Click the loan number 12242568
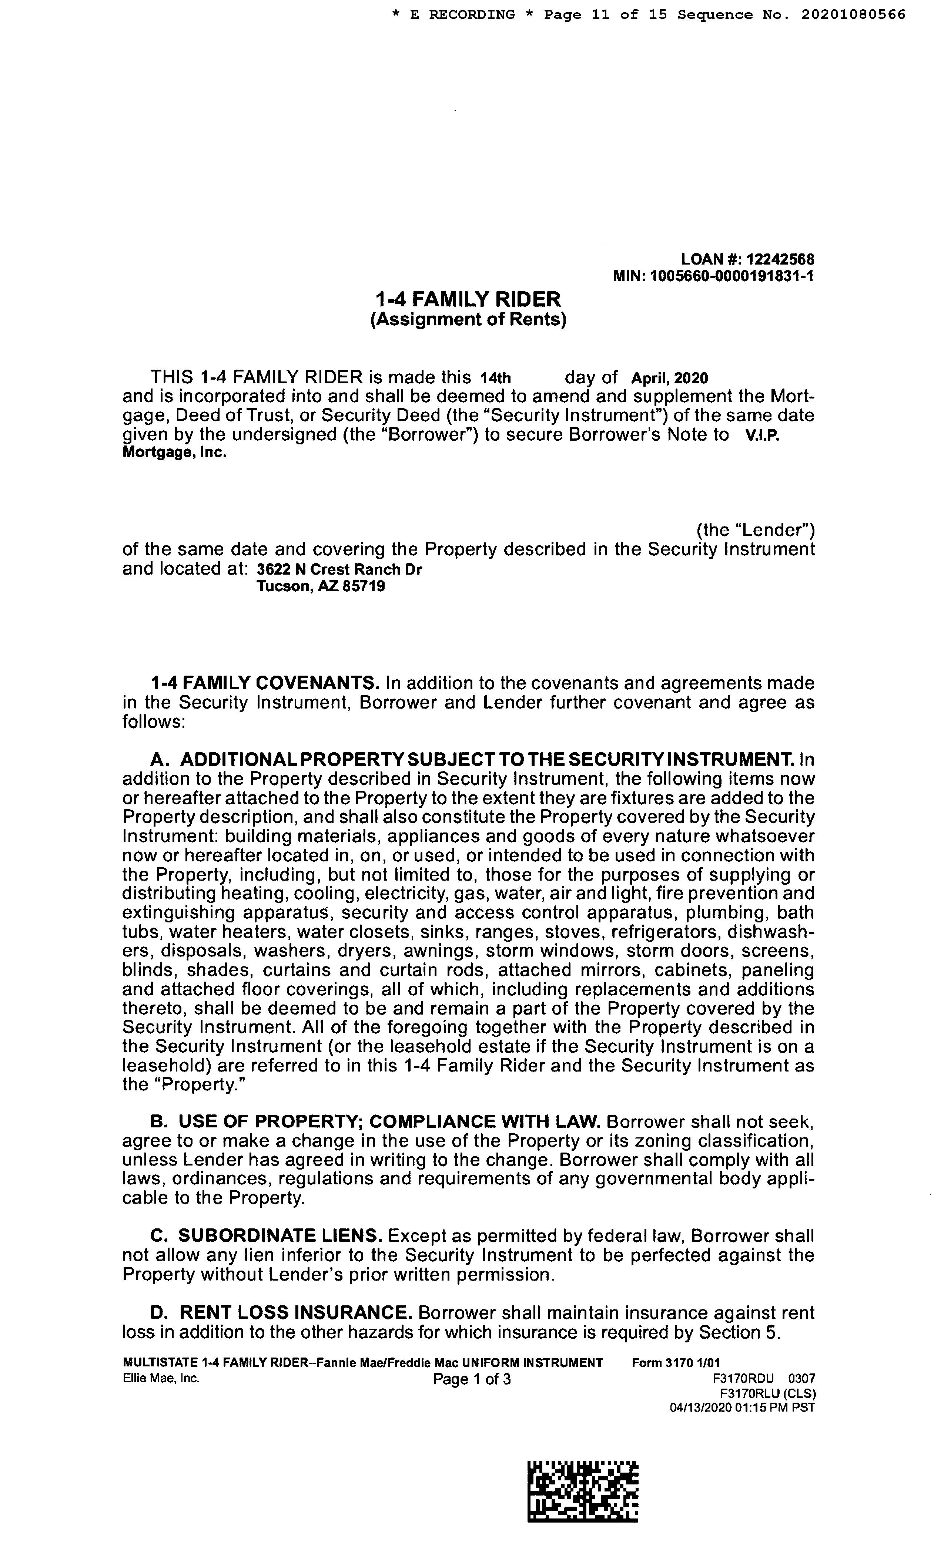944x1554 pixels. point(780,259)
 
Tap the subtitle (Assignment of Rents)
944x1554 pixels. point(468,319)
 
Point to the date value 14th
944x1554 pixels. point(495,379)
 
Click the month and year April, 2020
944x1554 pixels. point(670,379)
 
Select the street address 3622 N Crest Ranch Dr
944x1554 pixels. point(339,569)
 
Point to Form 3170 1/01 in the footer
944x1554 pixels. point(675,1363)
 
